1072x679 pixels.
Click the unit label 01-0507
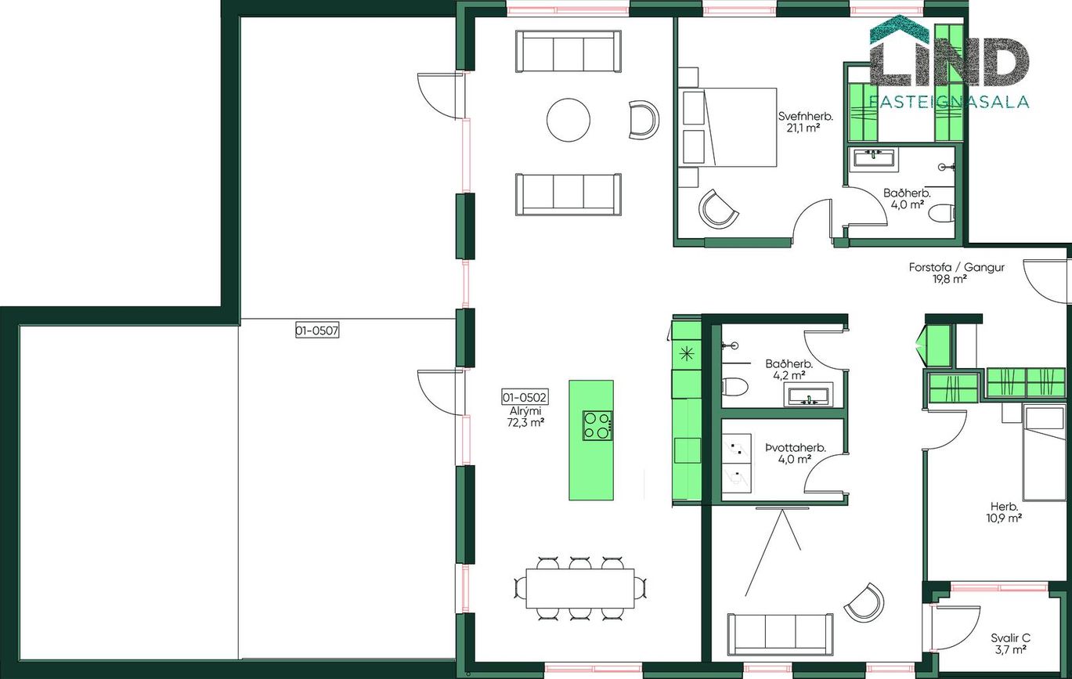click(x=317, y=330)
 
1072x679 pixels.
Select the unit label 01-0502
click(x=525, y=397)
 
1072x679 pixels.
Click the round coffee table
click(x=568, y=120)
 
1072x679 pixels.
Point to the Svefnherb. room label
click(x=806, y=116)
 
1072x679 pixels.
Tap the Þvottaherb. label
click(x=796, y=448)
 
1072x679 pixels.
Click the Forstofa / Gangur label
click(x=956, y=267)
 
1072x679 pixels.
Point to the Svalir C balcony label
click(x=1010, y=637)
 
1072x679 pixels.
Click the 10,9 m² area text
click(x=1004, y=518)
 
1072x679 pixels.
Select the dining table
click(x=580, y=588)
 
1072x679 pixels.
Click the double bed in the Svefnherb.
click(x=727, y=127)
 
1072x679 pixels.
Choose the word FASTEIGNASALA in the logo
click(x=948, y=102)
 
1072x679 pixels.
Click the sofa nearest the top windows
click(x=568, y=51)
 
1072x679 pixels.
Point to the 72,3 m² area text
click(x=525, y=422)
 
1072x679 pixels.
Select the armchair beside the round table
click(x=644, y=120)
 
